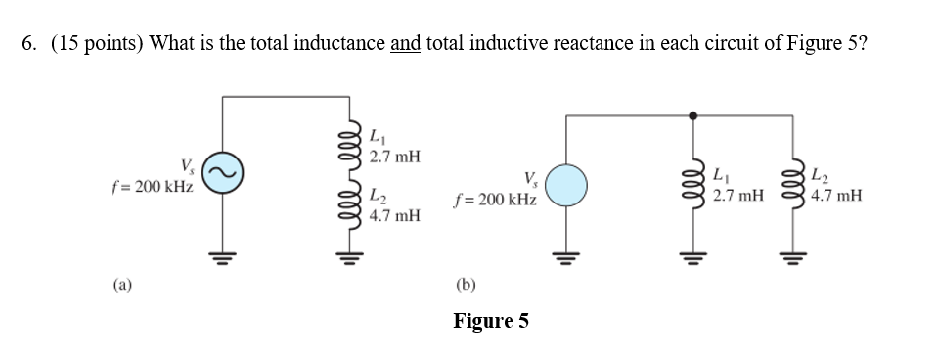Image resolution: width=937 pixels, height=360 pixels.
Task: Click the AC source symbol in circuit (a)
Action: click(222, 174)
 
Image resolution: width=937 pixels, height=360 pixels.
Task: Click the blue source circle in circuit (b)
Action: click(566, 185)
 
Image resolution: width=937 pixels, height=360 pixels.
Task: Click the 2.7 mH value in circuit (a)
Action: click(394, 157)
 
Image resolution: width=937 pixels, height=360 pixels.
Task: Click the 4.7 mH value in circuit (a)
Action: click(394, 214)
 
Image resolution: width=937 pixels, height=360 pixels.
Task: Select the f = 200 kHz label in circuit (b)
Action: click(495, 199)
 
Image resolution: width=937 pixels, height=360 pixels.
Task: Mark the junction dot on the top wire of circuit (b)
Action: click(694, 115)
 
